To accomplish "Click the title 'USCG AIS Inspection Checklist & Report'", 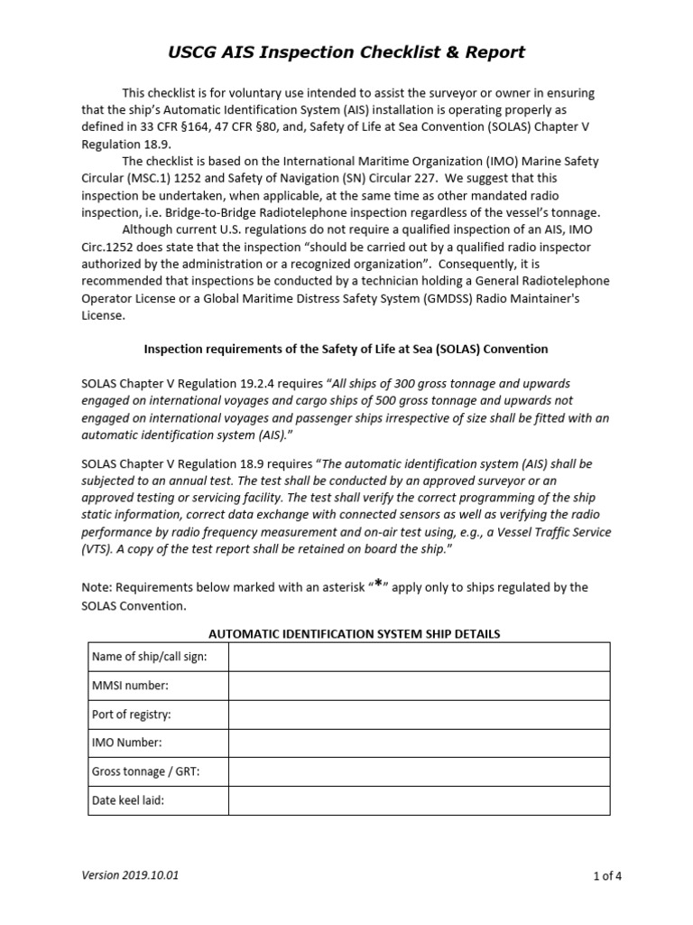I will pos(346,52).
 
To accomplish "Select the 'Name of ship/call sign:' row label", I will pos(149,657).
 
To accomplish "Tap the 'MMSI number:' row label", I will pos(130,686).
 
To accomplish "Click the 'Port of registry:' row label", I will pos(132,715).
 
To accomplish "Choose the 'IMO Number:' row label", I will pos(127,743).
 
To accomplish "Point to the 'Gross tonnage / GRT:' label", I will pos(145,771).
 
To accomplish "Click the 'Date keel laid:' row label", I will pos(128,800).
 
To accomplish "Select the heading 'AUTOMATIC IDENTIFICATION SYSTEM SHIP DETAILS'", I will pos(348,634).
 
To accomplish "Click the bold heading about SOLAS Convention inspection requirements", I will pos(346,349).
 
